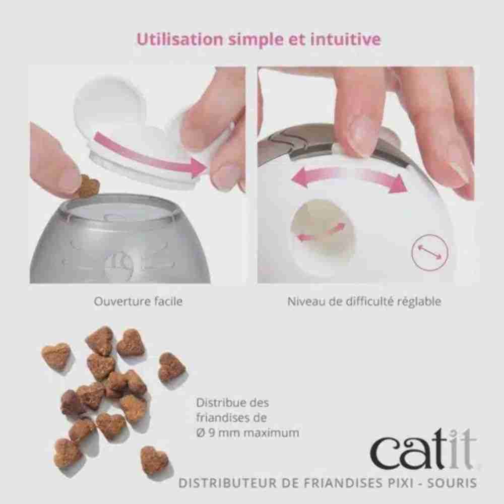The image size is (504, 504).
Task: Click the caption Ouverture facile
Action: (x=138, y=301)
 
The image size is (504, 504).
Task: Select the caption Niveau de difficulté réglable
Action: (x=364, y=301)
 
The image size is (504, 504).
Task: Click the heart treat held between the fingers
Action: (x=89, y=185)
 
